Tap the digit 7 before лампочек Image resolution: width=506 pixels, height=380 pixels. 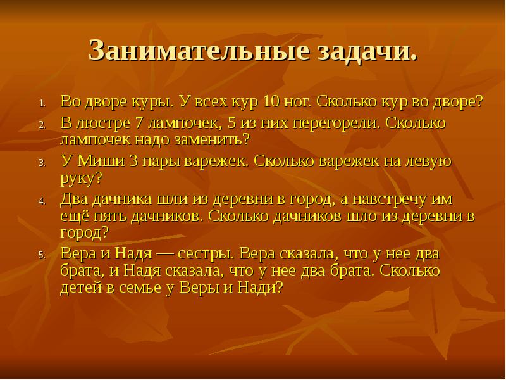[x=139, y=122]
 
